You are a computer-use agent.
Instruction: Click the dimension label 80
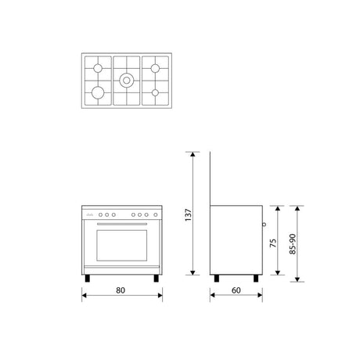(x=121, y=290)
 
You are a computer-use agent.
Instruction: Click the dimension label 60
(x=236, y=290)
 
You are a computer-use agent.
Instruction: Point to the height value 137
(x=188, y=215)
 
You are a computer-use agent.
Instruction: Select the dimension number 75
(x=273, y=243)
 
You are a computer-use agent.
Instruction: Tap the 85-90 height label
(x=293, y=244)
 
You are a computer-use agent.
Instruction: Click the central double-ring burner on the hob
(x=127, y=81)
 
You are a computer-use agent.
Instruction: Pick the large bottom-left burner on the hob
(x=98, y=92)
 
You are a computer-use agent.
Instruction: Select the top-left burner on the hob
(x=98, y=68)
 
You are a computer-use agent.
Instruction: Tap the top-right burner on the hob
(x=155, y=68)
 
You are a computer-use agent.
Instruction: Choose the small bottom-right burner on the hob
(x=155, y=92)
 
